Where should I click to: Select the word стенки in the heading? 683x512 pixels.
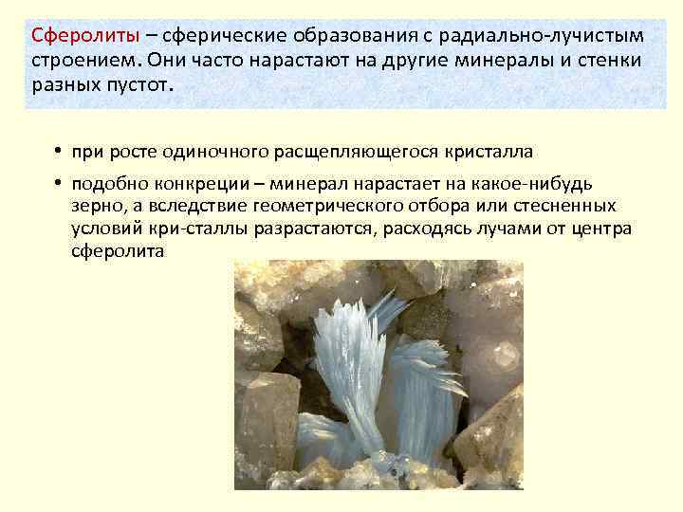[607, 61]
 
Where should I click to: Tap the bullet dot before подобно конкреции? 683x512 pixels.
[58, 184]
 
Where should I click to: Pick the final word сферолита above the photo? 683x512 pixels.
[118, 252]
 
